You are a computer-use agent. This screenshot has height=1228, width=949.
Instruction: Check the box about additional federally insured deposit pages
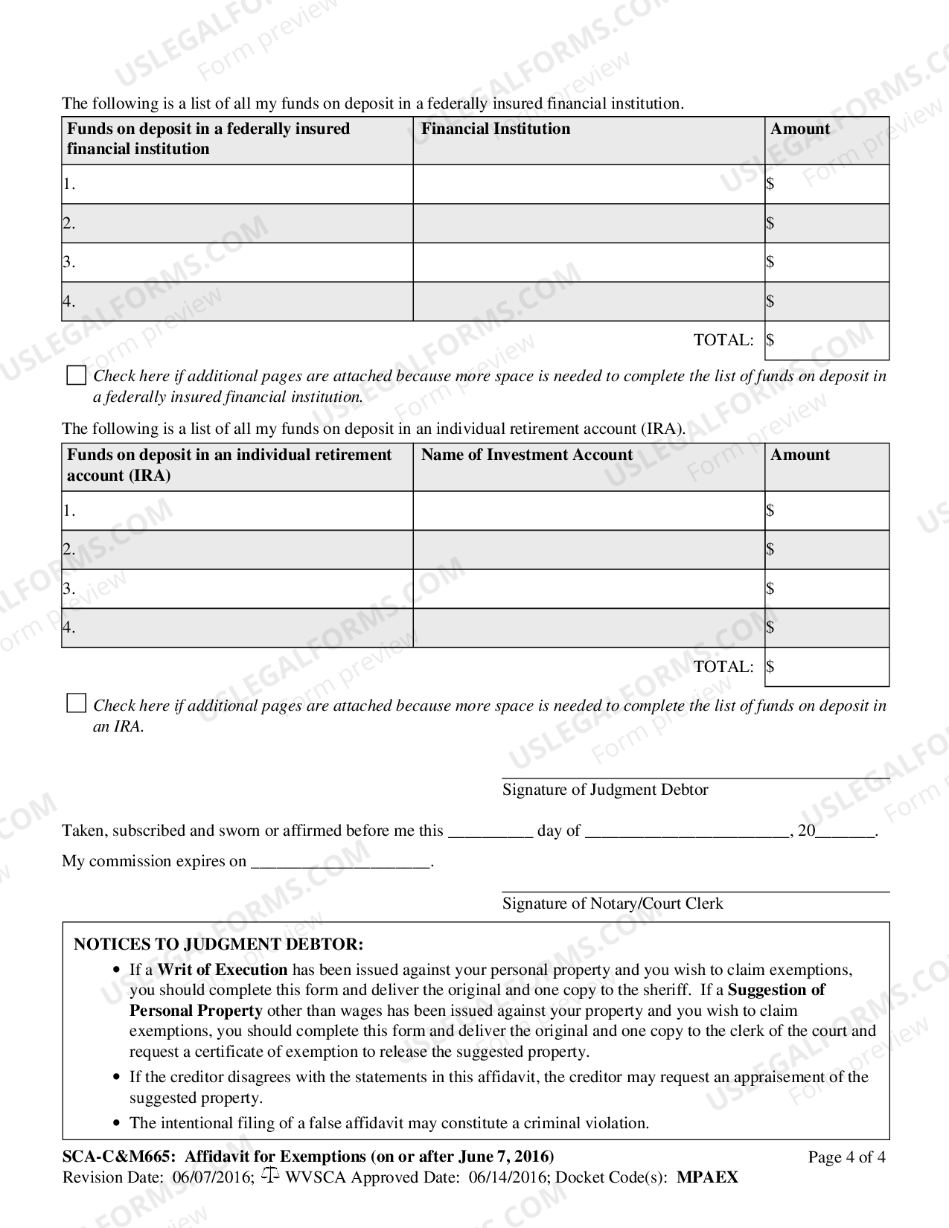76,375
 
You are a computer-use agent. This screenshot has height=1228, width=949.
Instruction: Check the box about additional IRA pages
76,703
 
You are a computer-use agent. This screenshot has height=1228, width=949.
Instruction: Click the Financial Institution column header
496,129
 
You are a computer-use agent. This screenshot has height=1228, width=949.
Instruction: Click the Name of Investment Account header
527,455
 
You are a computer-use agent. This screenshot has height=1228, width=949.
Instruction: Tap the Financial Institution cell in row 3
589,262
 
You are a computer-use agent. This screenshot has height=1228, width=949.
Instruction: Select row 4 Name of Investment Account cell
589,627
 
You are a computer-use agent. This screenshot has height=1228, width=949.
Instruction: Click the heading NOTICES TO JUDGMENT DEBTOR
218,944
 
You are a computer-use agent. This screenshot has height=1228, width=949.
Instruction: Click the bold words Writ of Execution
222,970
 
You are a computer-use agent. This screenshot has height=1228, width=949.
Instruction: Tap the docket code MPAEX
707,1177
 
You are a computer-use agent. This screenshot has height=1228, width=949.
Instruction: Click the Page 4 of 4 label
846,1157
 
